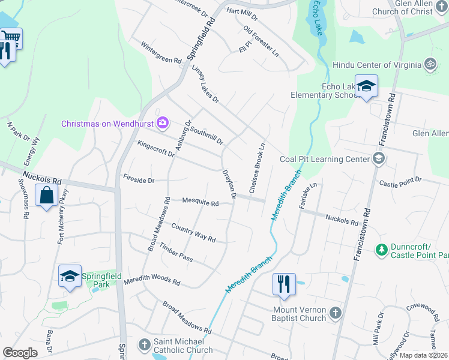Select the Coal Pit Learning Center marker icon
pos(378,158)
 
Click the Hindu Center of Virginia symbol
pos(429,64)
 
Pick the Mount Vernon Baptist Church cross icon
pos(336,313)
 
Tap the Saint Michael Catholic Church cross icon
pos(144,344)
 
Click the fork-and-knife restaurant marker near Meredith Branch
pos(284,284)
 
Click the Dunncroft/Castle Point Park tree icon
pos(381,248)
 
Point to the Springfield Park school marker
pos(70,276)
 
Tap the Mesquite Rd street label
pos(200,203)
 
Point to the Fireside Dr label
pos(139,179)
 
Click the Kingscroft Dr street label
pos(155,149)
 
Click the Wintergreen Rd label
pos(161,52)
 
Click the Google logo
pos(20,353)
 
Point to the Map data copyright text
pos(423,355)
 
